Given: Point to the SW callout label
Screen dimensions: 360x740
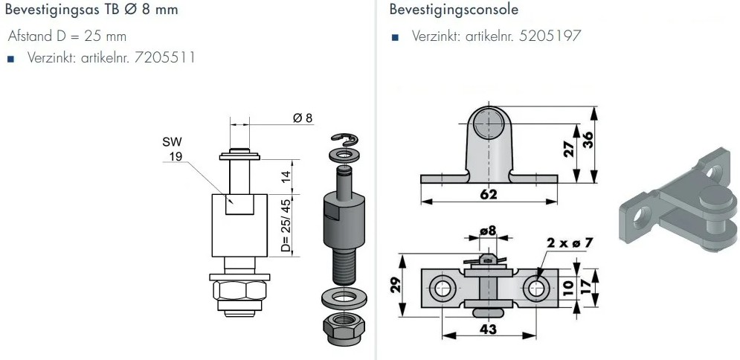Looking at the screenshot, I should (172, 141).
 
